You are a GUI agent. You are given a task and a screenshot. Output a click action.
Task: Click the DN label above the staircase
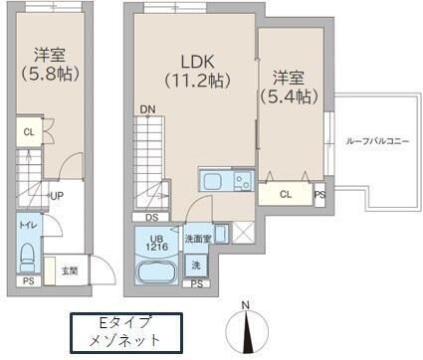(146, 108)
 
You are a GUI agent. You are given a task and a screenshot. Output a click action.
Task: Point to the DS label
(151, 216)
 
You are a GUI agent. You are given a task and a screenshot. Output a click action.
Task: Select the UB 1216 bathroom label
(153, 240)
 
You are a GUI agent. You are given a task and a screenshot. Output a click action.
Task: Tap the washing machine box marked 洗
(195, 266)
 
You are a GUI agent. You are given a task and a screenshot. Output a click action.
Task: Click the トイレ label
(27, 225)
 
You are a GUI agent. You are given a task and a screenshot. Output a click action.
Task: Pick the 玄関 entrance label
(70, 270)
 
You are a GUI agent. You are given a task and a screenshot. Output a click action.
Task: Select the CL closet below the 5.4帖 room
(287, 194)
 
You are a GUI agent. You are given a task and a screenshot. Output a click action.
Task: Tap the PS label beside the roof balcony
(318, 196)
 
